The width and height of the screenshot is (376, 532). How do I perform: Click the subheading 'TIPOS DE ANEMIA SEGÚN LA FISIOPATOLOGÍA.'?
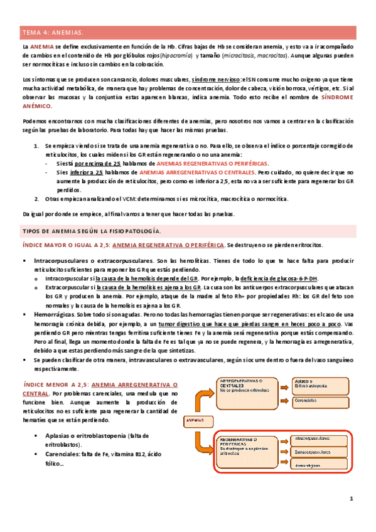click(91, 231)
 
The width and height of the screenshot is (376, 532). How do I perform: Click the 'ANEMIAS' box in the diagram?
click(196, 420)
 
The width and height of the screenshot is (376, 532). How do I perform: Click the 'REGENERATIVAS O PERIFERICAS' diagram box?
click(247, 445)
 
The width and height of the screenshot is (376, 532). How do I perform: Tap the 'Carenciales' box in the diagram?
click(318, 400)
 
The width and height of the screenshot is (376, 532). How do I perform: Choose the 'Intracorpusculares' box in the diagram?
click(318, 438)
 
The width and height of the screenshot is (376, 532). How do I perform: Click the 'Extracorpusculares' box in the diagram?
click(318, 452)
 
